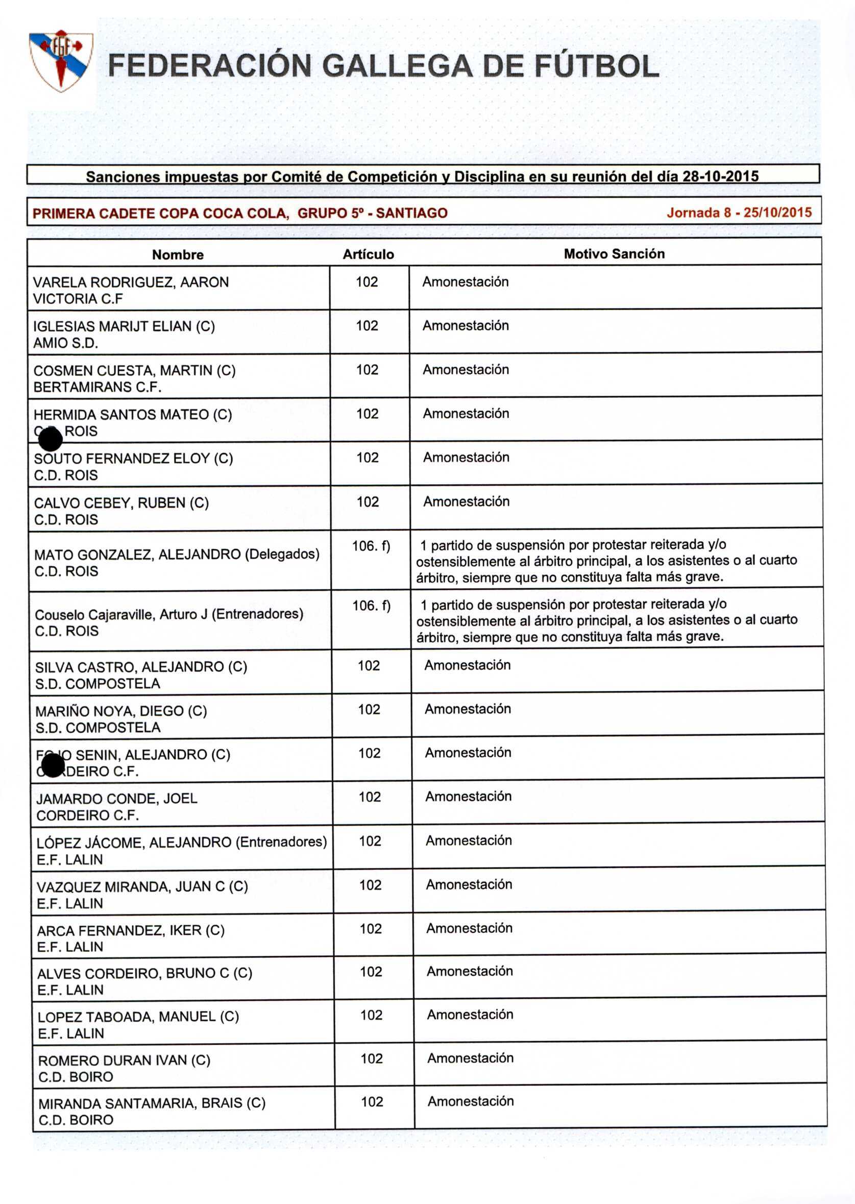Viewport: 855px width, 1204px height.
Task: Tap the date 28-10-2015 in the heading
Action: pyautogui.click(x=720, y=176)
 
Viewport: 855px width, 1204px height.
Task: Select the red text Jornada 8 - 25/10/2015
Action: pyautogui.click(x=739, y=212)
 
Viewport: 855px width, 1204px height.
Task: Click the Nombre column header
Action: pyautogui.click(x=178, y=254)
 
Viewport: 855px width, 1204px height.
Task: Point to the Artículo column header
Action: pyautogui.click(x=368, y=254)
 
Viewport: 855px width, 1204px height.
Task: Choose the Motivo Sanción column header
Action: pyautogui.click(x=614, y=254)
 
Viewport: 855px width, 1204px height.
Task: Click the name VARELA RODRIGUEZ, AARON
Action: pyautogui.click(x=131, y=282)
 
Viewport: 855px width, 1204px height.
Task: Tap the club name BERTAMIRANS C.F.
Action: pyautogui.click(x=97, y=387)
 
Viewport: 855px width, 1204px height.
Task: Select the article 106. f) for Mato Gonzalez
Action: pyautogui.click(x=371, y=546)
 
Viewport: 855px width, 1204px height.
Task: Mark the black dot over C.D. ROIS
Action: pyautogui.click(x=51, y=439)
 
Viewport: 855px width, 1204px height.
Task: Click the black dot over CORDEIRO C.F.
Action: pyautogui.click(x=53, y=765)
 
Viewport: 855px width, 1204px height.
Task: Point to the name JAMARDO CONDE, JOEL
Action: pyautogui.click(x=116, y=799)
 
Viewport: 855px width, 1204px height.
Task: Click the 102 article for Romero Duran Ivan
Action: pyautogui.click(x=371, y=1058)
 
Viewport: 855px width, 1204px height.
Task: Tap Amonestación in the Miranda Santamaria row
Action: pyautogui.click(x=470, y=1101)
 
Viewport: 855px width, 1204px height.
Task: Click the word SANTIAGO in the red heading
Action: pyautogui.click(x=411, y=213)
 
